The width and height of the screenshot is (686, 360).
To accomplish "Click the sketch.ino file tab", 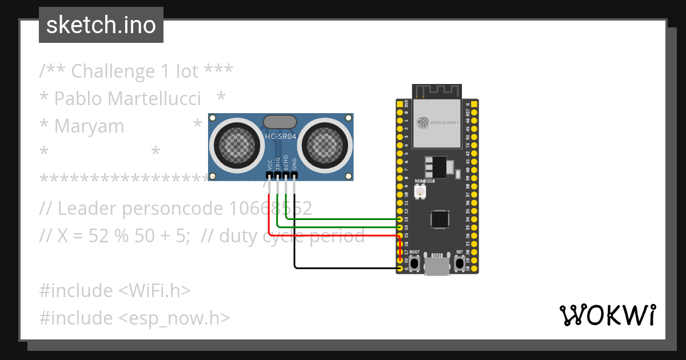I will (101, 25).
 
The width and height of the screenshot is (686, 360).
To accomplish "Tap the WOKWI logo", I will (607, 315).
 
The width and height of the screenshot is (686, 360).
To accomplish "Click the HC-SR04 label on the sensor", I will (280, 136).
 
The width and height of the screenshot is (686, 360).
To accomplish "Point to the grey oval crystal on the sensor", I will (280, 121).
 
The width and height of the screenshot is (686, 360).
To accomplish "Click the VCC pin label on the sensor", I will (270, 165).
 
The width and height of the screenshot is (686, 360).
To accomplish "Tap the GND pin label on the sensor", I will (294, 164).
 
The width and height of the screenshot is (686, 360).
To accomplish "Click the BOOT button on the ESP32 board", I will (414, 263).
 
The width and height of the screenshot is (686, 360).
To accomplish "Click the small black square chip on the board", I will (440, 219).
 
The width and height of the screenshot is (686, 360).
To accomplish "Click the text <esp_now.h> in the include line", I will (174, 318).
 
